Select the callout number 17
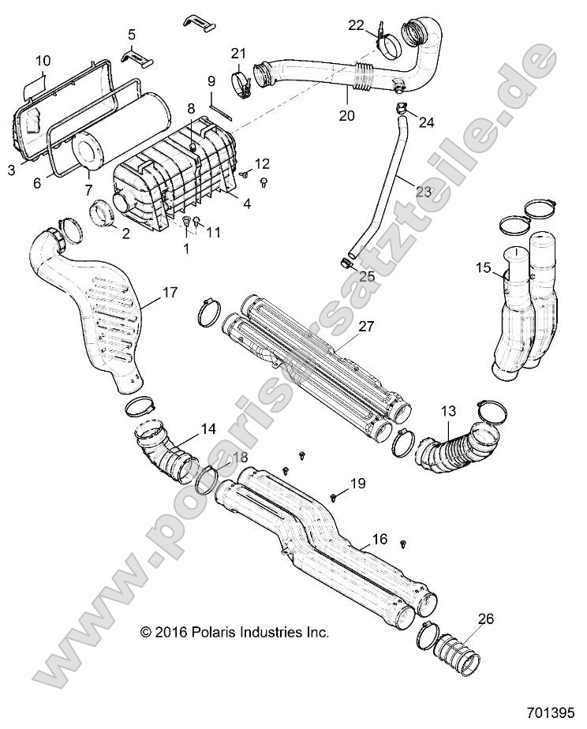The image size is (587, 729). [170, 293]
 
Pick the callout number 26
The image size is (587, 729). [486, 619]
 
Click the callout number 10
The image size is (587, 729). [43, 60]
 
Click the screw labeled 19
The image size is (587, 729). [335, 497]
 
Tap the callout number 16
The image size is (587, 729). [379, 540]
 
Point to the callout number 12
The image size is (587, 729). [262, 163]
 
